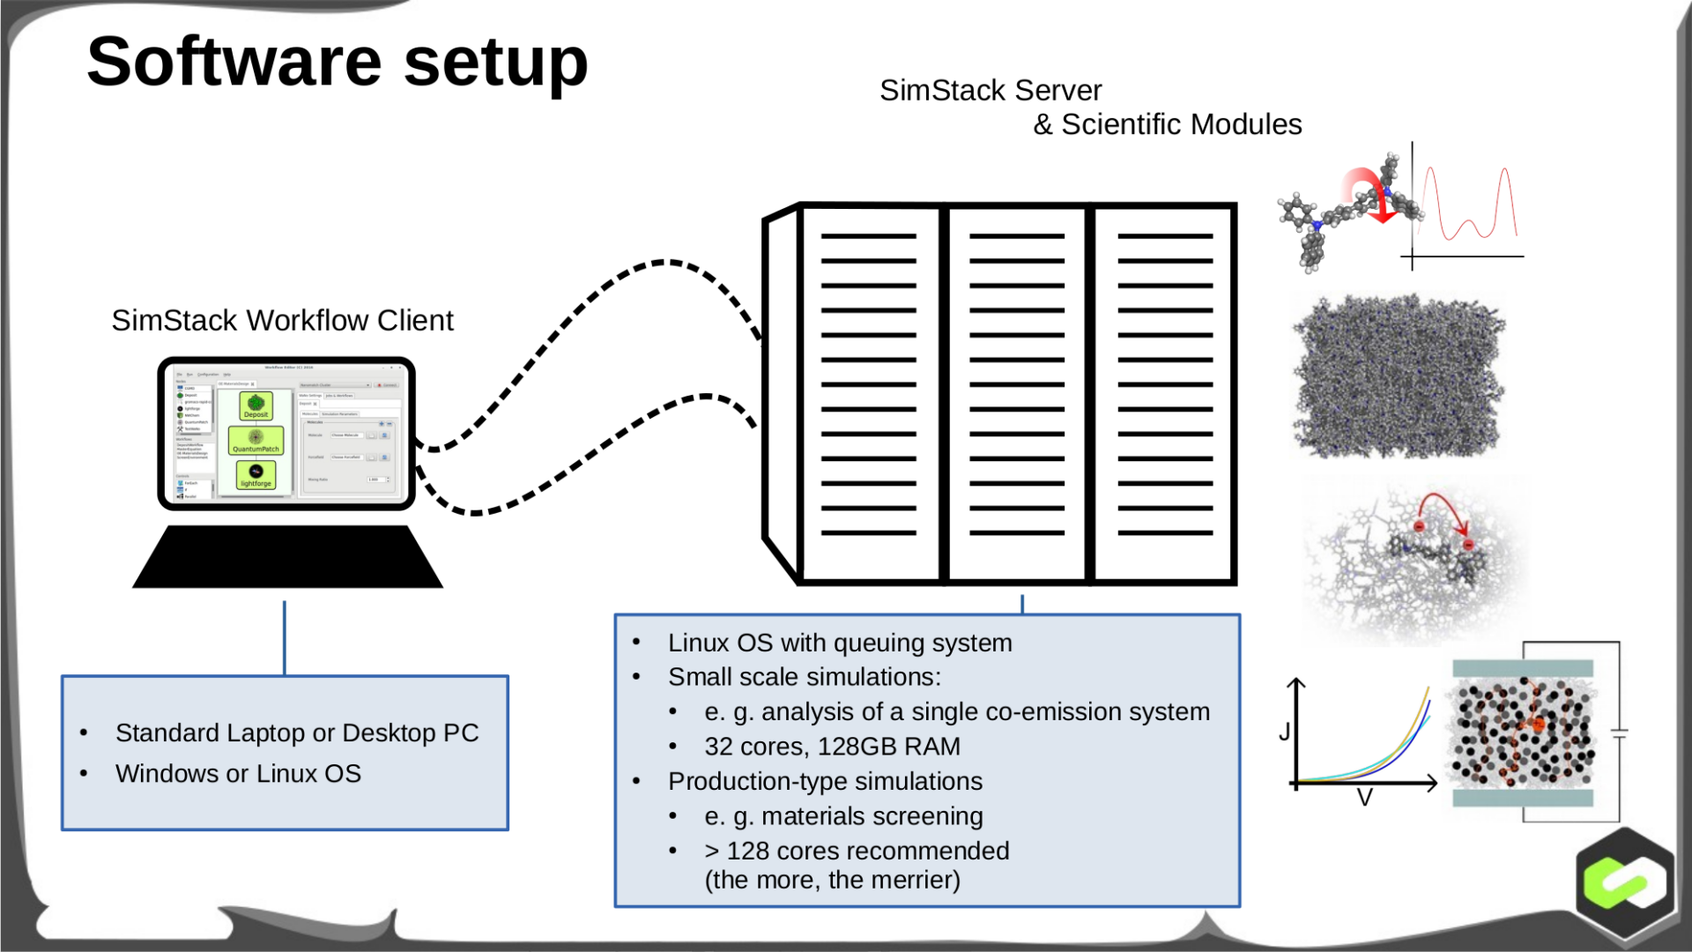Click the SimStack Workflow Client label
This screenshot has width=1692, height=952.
[282, 321]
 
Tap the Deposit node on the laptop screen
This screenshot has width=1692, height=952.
[256, 406]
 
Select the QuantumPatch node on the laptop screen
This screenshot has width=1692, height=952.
[256, 441]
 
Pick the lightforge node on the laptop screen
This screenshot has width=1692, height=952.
[256, 476]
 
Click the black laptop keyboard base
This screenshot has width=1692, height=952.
[287, 558]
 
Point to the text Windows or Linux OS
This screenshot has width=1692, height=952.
[238, 774]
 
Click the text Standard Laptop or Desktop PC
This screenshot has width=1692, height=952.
[297, 733]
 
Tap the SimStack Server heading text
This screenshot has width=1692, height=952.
[991, 91]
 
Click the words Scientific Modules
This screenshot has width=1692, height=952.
[1181, 125]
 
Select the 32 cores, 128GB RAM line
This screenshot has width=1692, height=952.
[832, 747]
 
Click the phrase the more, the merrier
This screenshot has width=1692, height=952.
[832, 881]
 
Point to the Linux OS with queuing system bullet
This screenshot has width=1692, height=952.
[839, 643]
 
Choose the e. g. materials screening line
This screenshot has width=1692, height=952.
[843, 817]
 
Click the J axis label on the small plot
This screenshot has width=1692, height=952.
[1285, 732]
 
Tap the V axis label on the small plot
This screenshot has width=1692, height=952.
[1364, 799]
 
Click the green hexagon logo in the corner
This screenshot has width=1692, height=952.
[1625, 882]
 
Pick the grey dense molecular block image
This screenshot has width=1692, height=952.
[1398, 377]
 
